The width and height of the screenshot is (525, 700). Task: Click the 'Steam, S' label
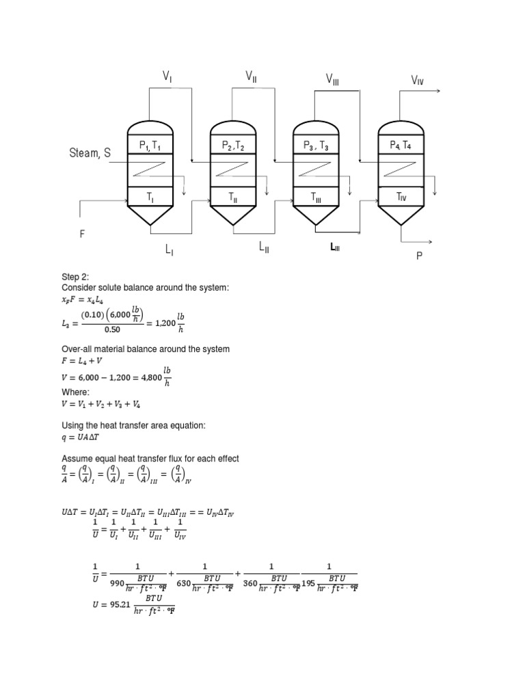90,153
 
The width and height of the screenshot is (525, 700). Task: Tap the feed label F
82,234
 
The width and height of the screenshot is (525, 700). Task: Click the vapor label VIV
418,81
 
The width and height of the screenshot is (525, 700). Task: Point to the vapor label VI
167,78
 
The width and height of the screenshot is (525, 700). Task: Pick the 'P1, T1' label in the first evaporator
150,146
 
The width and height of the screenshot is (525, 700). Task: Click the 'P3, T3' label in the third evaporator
316,146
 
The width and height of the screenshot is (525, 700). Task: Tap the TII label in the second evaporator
233,197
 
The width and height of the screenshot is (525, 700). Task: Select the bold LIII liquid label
335,247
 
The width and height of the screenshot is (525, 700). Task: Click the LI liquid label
169,251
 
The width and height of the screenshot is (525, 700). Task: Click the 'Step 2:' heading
75,277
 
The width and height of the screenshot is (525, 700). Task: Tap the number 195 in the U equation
308,583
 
